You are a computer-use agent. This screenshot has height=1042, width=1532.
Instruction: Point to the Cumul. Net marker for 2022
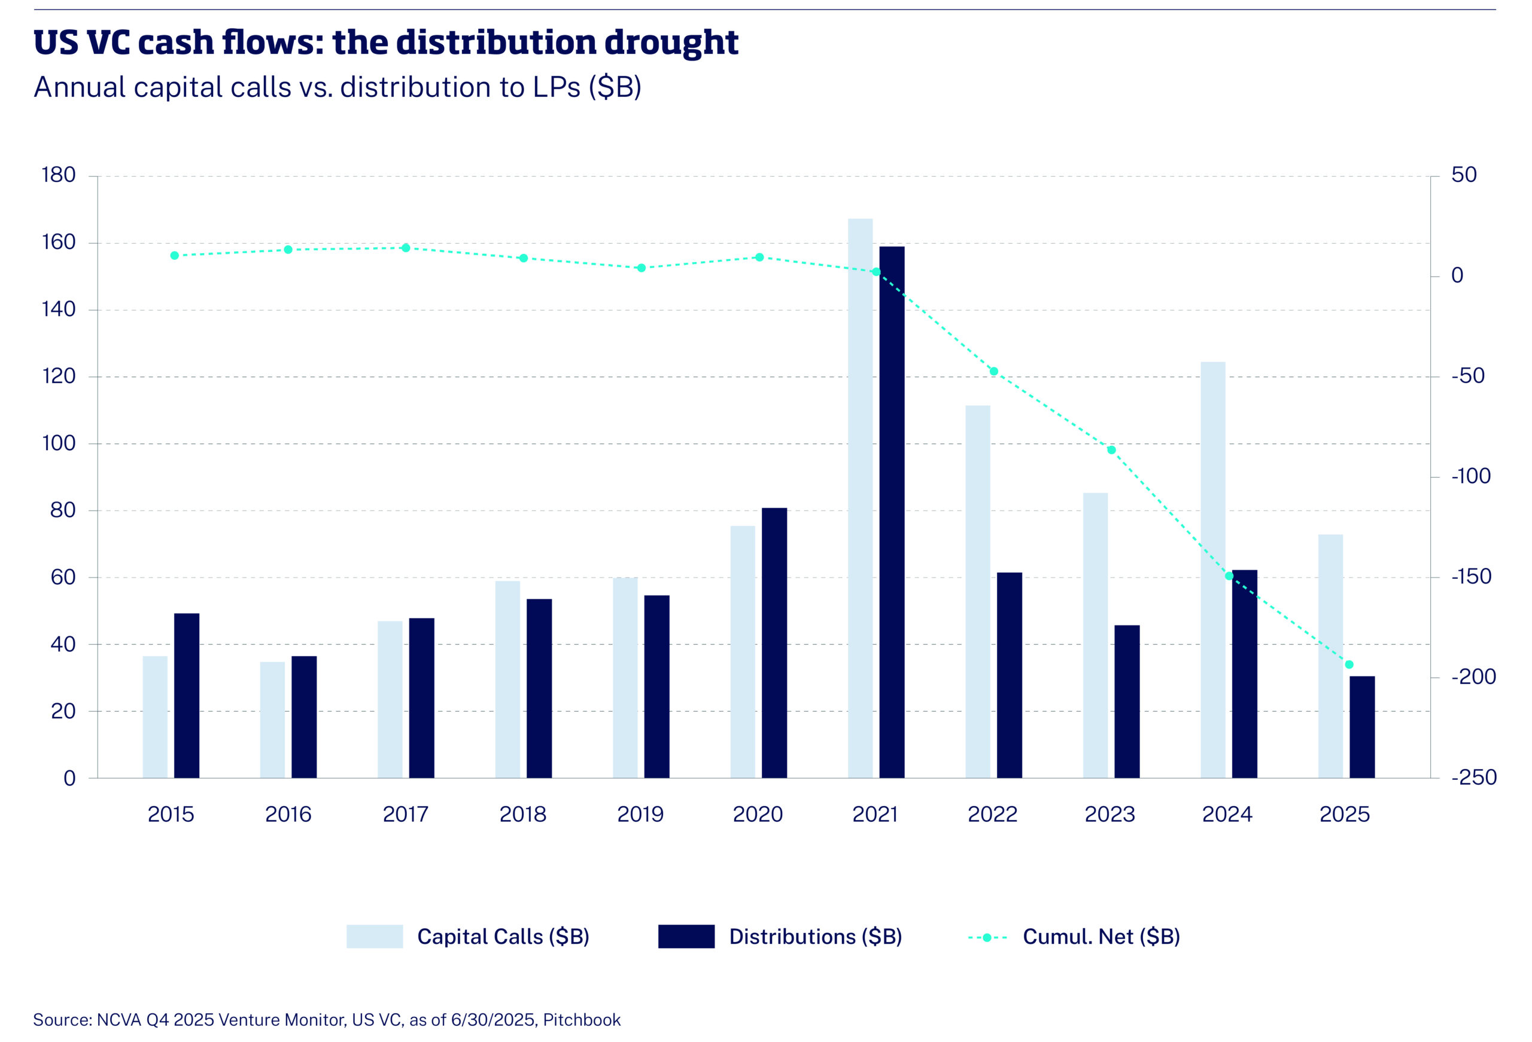tap(993, 371)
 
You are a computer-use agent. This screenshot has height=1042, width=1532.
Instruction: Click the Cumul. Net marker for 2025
tap(1349, 664)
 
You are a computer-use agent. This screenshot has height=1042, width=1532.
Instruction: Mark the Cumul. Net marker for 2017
tap(405, 248)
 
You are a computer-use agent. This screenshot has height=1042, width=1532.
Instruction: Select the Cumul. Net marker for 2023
tap(1111, 450)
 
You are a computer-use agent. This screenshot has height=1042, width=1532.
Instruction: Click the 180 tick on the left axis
tap(59, 175)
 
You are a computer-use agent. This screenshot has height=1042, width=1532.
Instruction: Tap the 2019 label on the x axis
tap(640, 815)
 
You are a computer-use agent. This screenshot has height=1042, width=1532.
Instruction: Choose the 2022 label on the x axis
tap(992, 815)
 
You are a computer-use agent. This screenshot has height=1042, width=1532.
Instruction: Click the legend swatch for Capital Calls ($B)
tap(375, 937)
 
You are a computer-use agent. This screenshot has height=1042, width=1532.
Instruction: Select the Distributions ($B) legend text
tap(815, 937)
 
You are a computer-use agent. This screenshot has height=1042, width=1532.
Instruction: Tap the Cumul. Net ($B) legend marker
tap(987, 937)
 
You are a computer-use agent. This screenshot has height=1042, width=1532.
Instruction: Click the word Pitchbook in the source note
tap(582, 1020)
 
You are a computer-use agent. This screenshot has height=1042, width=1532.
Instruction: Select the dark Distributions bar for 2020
tap(774, 643)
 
